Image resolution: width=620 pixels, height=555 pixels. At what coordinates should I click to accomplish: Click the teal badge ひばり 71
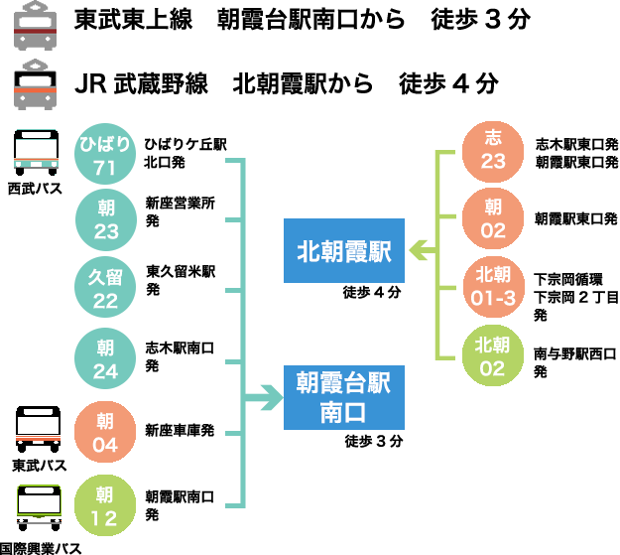105,154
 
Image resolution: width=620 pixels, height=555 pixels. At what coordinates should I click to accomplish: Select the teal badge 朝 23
105,219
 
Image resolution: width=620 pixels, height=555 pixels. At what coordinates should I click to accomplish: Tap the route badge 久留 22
105,287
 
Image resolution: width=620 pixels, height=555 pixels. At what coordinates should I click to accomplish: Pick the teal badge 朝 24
105,358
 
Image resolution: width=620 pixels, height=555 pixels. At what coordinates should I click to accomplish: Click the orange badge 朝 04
105,432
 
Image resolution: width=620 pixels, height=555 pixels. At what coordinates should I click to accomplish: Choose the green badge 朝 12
105,505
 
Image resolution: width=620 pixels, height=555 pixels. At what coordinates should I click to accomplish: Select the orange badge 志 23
493,151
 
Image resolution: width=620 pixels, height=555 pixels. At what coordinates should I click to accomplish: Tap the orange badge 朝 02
493,218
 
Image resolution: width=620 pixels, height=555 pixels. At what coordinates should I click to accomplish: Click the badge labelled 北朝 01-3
493,286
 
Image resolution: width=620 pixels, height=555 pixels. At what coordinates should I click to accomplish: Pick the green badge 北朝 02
493,355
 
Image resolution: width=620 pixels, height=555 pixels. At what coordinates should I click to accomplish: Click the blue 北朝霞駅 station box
344,251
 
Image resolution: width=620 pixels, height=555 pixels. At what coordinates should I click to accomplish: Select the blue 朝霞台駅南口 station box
344,397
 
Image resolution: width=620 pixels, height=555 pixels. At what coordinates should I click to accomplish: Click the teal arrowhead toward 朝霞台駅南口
271,398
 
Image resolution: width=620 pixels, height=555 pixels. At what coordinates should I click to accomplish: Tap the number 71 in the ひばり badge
105,168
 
